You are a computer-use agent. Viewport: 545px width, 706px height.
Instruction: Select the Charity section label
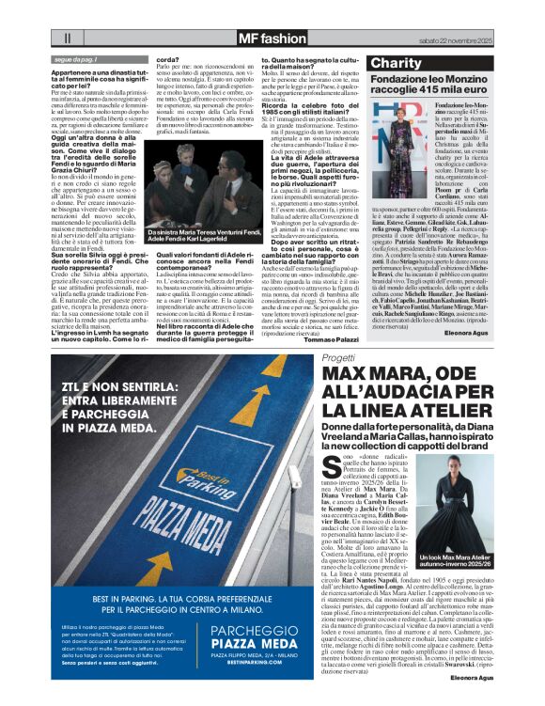point(398,63)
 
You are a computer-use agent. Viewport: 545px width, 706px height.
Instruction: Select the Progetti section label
point(338,358)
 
